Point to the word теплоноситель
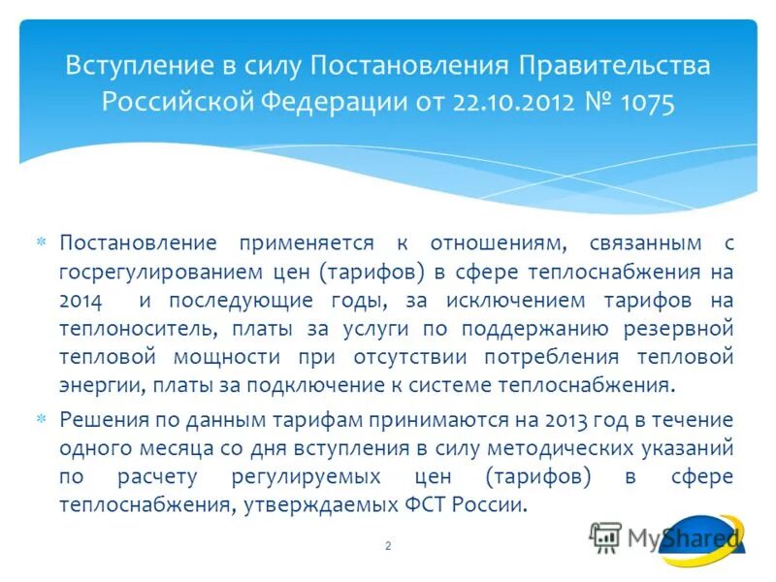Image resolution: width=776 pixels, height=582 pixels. click(122, 328)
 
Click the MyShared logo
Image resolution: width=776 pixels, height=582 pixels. click(669, 538)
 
